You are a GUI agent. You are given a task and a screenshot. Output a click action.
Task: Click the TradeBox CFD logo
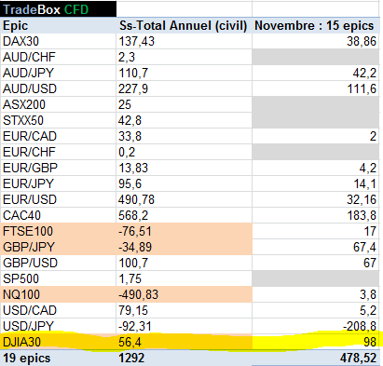(46, 9)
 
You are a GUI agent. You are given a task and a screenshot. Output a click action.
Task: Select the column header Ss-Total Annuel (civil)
(183, 26)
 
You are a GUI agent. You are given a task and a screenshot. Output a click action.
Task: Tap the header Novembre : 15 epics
(314, 26)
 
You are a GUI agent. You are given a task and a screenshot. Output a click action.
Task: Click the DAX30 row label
(21, 41)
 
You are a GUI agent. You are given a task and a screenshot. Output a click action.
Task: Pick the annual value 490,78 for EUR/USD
(136, 199)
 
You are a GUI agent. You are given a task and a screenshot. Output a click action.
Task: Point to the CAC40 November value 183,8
(362, 215)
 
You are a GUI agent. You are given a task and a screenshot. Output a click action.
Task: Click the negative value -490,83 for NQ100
(138, 294)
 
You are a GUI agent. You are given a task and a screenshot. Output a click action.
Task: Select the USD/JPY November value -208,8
(360, 326)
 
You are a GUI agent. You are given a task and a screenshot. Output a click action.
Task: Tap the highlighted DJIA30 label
(21, 342)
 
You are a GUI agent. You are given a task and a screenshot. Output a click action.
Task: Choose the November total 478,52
(358, 359)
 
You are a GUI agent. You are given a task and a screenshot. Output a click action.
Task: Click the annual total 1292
(131, 359)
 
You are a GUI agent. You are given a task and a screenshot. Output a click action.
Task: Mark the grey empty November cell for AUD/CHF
(315, 57)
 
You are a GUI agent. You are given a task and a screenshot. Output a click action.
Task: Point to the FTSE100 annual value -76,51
(135, 231)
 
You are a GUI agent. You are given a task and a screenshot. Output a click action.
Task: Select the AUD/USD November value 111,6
(362, 88)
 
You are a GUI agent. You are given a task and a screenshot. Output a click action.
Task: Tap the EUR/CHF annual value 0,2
(127, 152)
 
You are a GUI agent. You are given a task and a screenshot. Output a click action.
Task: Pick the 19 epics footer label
(26, 359)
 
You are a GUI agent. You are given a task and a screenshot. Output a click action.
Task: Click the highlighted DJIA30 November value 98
(370, 342)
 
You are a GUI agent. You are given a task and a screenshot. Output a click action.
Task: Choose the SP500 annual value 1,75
(130, 278)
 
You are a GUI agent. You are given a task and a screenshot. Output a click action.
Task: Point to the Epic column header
(15, 26)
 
